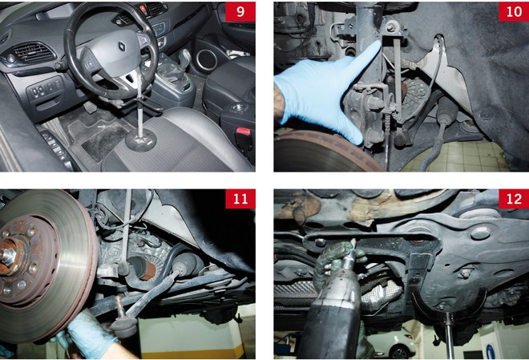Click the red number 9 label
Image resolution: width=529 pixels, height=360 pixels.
pos(240,12)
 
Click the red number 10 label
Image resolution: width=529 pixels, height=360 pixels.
pos(514,12)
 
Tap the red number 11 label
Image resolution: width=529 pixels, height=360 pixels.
pos(240,199)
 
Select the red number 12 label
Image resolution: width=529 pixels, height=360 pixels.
pos(514,199)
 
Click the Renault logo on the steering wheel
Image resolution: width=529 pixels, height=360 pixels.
pos(122,47)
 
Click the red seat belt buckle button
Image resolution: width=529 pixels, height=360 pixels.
pos(243,131)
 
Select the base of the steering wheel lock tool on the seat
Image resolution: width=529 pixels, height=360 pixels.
pos(141,139)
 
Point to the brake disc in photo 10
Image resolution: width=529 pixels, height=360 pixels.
pos(324,152)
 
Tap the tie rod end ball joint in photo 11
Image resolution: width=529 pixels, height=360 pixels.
pos(123,322)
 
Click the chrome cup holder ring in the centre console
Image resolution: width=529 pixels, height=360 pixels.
pos(207,59)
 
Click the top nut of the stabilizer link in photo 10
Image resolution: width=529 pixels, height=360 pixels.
pos(391,26)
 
